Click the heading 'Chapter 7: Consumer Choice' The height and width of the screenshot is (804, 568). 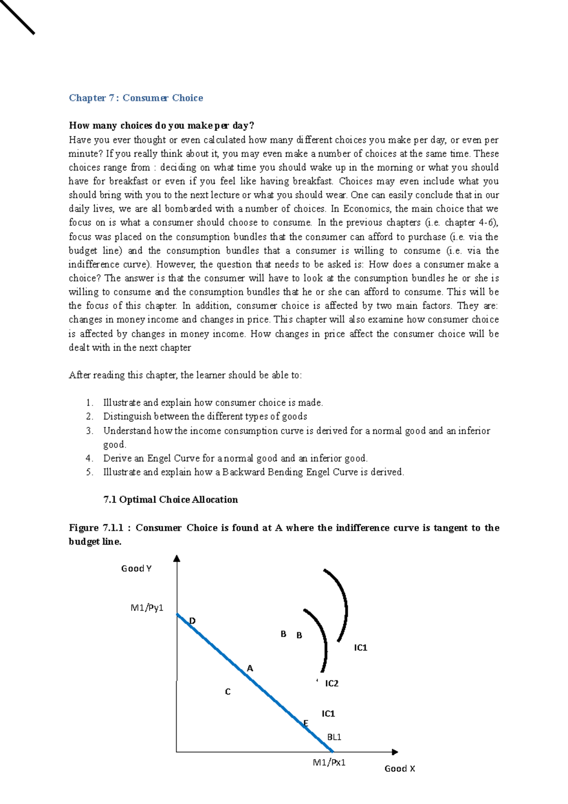(x=136, y=98)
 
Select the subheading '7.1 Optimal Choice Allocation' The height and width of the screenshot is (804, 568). (x=170, y=500)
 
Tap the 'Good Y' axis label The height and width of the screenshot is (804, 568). (x=136, y=568)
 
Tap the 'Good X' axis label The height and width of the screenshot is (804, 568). (x=399, y=768)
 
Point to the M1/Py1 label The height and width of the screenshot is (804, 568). (x=147, y=607)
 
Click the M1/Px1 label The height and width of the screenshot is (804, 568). (x=329, y=762)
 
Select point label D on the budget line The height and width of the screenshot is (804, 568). (x=192, y=621)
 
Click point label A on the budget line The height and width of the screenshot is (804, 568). (x=250, y=668)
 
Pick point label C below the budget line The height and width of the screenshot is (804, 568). (x=228, y=692)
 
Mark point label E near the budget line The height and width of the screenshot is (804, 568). (x=306, y=723)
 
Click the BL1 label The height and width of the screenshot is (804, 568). (x=334, y=737)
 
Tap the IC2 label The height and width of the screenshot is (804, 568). (x=332, y=683)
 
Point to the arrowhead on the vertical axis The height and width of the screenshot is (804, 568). (x=177, y=558)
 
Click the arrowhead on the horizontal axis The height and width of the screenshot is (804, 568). (x=395, y=751)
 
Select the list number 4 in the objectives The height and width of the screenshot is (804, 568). (x=89, y=458)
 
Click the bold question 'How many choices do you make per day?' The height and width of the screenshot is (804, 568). (x=161, y=125)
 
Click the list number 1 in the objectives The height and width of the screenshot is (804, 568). (x=89, y=402)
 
